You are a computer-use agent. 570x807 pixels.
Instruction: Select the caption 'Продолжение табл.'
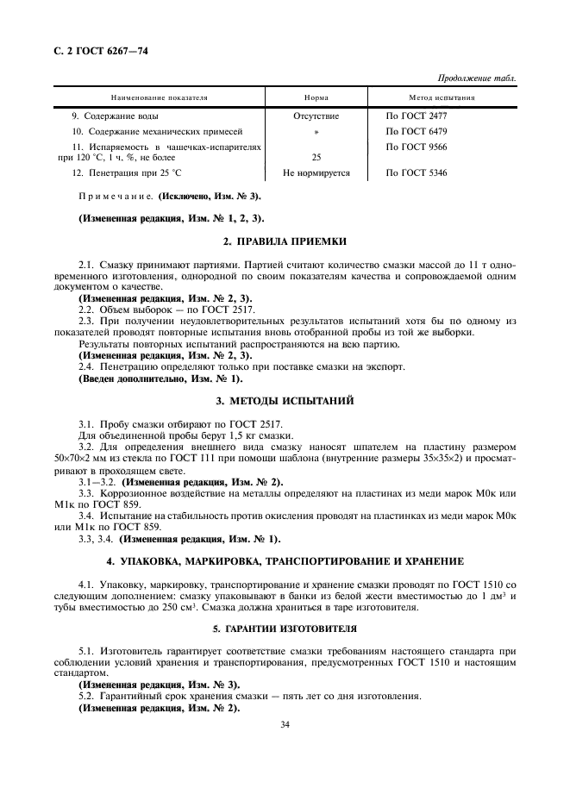pyautogui.click(x=478, y=78)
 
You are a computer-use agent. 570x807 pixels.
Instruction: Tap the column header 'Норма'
pyautogui.click(x=316, y=98)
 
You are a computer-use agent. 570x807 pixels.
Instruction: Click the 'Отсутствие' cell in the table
pyautogui.click(x=316, y=116)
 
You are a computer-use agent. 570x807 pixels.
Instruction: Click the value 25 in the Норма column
pyautogui.click(x=316, y=158)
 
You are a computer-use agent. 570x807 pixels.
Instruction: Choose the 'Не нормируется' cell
pyautogui.click(x=316, y=173)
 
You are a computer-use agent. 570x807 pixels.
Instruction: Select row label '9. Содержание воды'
pyautogui.click(x=115, y=116)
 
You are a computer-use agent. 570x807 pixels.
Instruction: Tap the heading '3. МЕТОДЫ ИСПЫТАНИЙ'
pyautogui.click(x=285, y=401)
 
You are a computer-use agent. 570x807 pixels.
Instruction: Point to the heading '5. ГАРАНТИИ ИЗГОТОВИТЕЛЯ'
pyautogui.click(x=285, y=629)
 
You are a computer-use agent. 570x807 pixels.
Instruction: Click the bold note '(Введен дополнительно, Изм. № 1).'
pyautogui.click(x=160, y=378)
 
